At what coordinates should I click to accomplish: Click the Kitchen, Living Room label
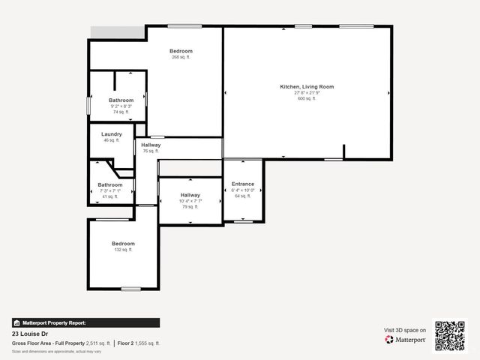point(307,87)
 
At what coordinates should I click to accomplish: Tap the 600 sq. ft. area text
point(307,98)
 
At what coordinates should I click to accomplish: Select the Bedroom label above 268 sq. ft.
point(181,51)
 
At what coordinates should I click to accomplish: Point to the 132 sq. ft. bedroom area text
point(123,250)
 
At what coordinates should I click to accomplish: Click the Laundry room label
point(112,134)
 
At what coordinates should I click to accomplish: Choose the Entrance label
point(243,184)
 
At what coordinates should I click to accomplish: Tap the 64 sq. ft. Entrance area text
point(243,196)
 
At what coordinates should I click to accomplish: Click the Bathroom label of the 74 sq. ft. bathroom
point(121,100)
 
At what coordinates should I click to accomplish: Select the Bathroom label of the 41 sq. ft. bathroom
point(110,184)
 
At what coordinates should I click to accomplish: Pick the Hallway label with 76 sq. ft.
point(151,145)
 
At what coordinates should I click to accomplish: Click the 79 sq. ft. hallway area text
point(190,206)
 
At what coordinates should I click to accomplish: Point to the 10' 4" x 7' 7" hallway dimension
point(190,201)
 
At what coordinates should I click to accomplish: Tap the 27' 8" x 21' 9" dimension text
point(307,93)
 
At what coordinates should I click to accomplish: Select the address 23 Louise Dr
point(30,334)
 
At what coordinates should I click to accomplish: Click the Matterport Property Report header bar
point(85,322)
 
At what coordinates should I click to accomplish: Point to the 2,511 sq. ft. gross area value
point(98,343)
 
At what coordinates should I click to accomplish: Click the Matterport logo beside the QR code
point(406,340)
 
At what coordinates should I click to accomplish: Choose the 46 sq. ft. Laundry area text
point(112,140)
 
